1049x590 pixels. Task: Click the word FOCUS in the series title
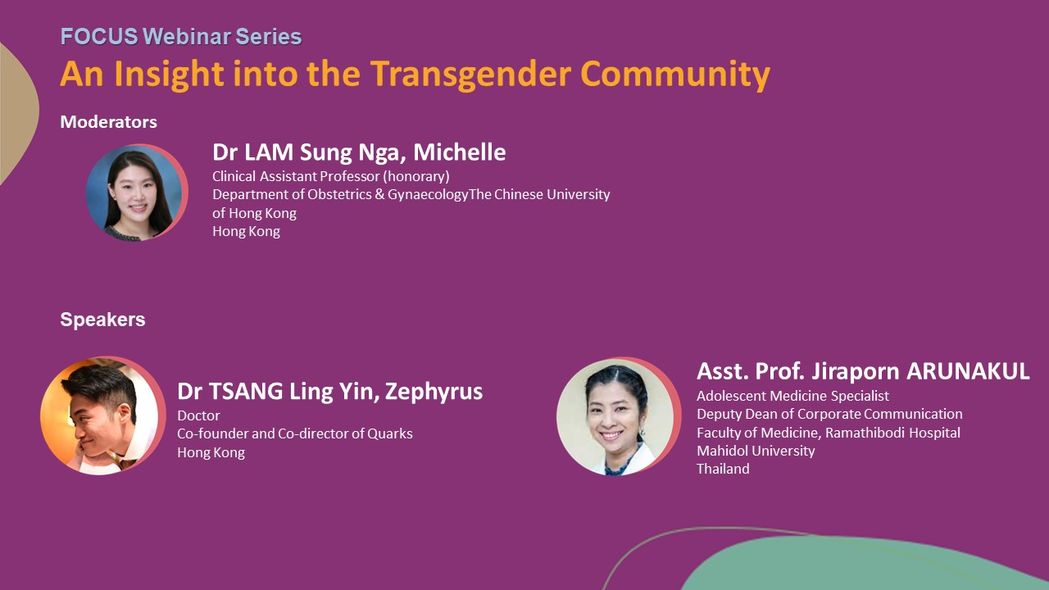tap(99, 37)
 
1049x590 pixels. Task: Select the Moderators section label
tap(109, 122)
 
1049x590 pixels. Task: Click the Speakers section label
tap(102, 320)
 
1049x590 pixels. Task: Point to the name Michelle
tap(460, 152)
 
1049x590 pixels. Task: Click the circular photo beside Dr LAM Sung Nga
tap(137, 193)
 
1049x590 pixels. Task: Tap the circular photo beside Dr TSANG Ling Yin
tap(103, 415)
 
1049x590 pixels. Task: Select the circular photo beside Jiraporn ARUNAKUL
tap(619, 417)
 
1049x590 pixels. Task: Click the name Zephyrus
tap(434, 392)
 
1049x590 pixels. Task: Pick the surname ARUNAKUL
tap(968, 371)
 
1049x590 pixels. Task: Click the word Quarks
tap(390, 433)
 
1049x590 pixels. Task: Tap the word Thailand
tap(723, 469)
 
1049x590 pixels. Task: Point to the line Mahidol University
tap(756, 451)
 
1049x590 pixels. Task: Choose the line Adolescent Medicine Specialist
tap(792, 396)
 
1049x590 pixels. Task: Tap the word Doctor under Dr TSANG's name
tap(198, 415)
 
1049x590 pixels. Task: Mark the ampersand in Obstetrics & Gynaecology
tap(379, 194)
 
